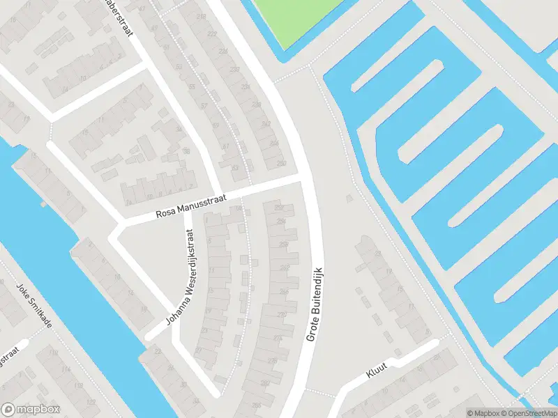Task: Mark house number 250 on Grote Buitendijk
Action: [x=281, y=162]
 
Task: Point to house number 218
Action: [x=202, y=16]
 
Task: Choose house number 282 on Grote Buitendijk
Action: [x=265, y=383]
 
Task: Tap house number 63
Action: [x=234, y=167]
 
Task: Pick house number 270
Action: [x=280, y=314]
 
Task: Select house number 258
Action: [x=285, y=244]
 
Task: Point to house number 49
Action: [x=155, y=28]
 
